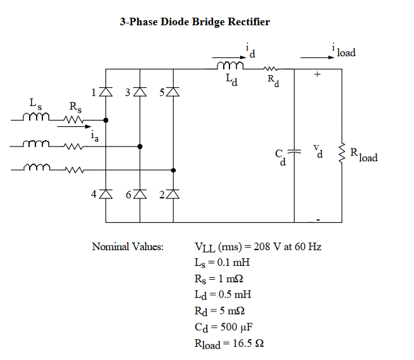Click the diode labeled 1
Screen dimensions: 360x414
point(106,93)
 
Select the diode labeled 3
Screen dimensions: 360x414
point(140,93)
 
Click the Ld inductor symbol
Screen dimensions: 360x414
point(230,66)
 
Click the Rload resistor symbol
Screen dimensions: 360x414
point(342,152)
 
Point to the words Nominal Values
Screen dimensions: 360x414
point(128,246)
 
